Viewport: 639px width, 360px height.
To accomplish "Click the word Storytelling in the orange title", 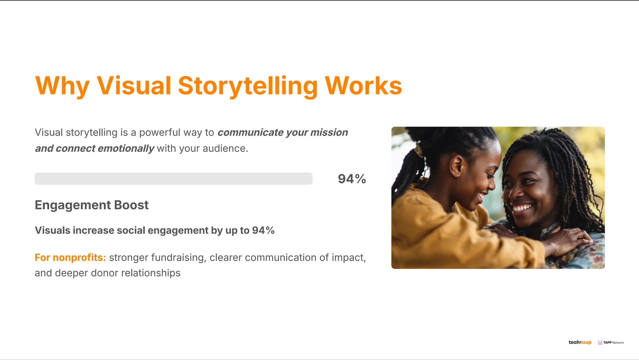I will [248, 86].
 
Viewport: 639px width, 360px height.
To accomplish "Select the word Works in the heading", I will [363, 86].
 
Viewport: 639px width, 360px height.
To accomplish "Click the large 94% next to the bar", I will [352, 179].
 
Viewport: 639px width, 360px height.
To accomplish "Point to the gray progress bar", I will [173, 179].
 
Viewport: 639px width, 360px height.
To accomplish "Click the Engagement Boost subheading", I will [91, 205].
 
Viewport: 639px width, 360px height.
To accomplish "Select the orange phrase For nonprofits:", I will [70, 258].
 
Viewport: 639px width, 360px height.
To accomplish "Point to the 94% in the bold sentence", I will [263, 231].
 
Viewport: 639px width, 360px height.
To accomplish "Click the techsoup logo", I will [580, 343].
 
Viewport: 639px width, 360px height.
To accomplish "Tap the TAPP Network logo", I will [611, 343].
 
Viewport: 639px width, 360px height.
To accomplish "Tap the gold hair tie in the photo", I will [419, 151].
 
